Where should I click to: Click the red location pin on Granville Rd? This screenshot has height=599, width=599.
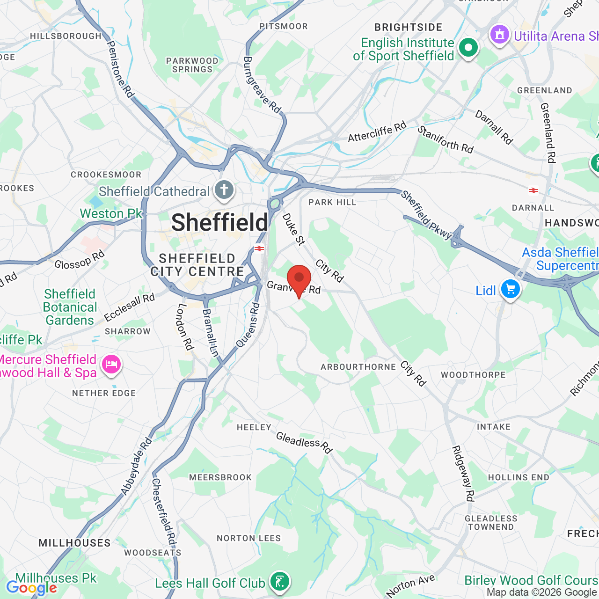pyautogui.click(x=299, y=279)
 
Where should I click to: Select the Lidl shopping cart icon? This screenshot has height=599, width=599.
pyautogui.click(x=510, y=289)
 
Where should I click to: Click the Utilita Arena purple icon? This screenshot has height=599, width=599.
pyautogui.click(x=499, y=35)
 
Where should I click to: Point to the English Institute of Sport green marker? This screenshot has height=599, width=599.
pyautogui.click(x=468, y=48)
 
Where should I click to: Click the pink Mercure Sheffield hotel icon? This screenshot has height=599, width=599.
pyautogui.click(x=111, y=364)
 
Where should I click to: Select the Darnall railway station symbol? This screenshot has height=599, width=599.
pyautogui.click(x=533, y=190)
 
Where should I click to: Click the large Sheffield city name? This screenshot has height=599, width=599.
pyautogui.click(x=219, y=222)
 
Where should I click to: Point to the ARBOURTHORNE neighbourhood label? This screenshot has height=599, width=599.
pyautogui.click(x=358, y=367)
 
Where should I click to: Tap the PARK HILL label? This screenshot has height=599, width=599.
pyautogui.click(x=332, y=202)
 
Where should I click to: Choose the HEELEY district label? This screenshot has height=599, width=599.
pyautogui.click(x=254, y=427)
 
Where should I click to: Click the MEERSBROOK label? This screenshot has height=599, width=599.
pyautogui.click(x=220, y=477)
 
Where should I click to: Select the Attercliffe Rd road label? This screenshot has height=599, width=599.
pyautogui.click(x=377, y=131)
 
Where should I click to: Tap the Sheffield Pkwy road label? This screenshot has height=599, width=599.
pyautogui.click(x=426, y=215)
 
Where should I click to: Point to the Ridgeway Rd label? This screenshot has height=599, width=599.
pyautogui.click(x=463, y=473)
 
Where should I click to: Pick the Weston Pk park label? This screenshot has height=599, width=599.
pyautogui.click(x=111, y=213)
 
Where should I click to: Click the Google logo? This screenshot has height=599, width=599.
pyautogui.click(x=32, y=588)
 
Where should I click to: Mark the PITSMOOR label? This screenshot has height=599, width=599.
pyautogui.click(x=284, y=26)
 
